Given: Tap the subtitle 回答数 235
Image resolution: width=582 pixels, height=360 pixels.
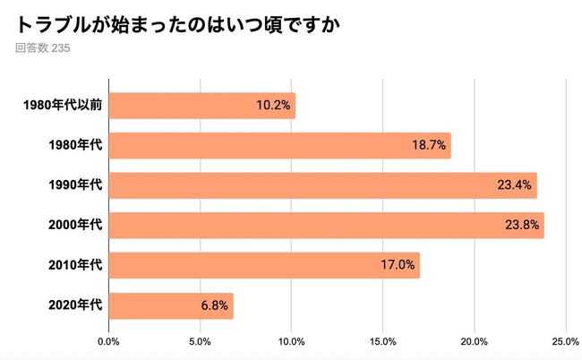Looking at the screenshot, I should coord(42,48).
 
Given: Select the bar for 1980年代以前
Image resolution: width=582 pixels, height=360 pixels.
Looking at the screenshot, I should coord(201,106).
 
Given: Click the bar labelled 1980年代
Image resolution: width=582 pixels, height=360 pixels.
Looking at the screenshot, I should coord(279,146).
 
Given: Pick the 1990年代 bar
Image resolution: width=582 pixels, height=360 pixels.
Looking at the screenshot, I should coord(322,185).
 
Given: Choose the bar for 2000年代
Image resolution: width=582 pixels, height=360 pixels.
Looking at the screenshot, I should coord(326,226).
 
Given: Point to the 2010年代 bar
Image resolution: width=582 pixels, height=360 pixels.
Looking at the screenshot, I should coord(263,265).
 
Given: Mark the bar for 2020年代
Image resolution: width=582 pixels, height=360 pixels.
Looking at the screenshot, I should coord(170,305).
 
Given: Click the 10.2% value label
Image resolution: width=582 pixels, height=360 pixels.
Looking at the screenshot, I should coord(273,106).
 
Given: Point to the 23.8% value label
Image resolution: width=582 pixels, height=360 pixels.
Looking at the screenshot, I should coord(522,226).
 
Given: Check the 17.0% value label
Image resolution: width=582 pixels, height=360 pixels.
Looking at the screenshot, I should coord(398,265).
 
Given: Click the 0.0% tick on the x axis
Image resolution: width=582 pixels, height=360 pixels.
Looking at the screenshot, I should coord(108,341).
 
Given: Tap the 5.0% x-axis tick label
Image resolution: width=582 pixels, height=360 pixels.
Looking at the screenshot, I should coord(200,341).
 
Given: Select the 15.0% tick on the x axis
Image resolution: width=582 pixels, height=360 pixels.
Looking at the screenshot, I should coord(382,341).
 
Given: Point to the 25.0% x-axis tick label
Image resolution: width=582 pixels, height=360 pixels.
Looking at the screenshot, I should coord(565,341).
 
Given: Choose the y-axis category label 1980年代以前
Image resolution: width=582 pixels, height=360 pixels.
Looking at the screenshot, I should coord(62,106).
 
